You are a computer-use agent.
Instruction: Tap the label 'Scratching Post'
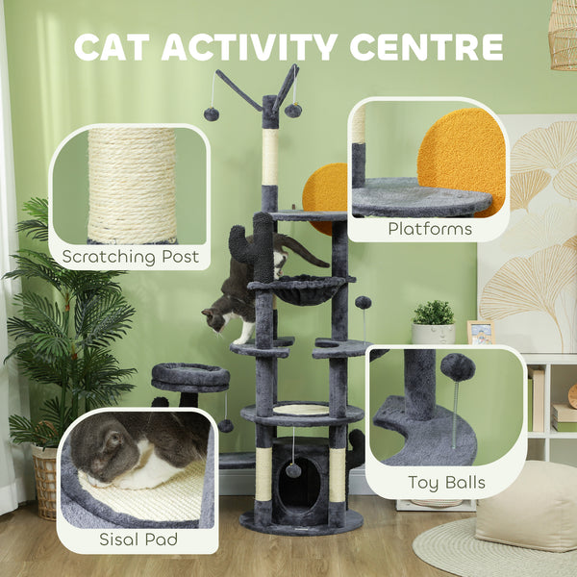click(130, 256)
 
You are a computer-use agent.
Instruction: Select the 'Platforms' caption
click(429, 229)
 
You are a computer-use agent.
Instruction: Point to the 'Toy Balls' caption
click(446, 483)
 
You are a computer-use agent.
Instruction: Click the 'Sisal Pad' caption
click(138, 540)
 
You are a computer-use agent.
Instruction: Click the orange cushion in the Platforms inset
click(463, 154)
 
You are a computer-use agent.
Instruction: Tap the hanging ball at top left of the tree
click(211, 113)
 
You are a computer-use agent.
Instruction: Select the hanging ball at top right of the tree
click(293, 111)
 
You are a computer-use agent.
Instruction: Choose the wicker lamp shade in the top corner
click(564, 34)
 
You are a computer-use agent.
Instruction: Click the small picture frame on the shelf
click(479, 332)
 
